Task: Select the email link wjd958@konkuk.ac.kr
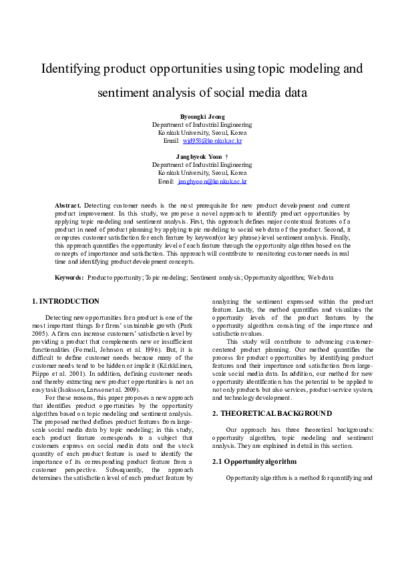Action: tap(212, 141)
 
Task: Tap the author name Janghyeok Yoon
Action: tap(199, 156)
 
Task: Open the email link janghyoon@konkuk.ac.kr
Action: tap(212, 181)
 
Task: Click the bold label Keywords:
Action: tap(69, 276)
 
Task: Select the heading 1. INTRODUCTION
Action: tap(66, 301)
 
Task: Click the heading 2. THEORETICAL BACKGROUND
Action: tap(272, 413)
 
